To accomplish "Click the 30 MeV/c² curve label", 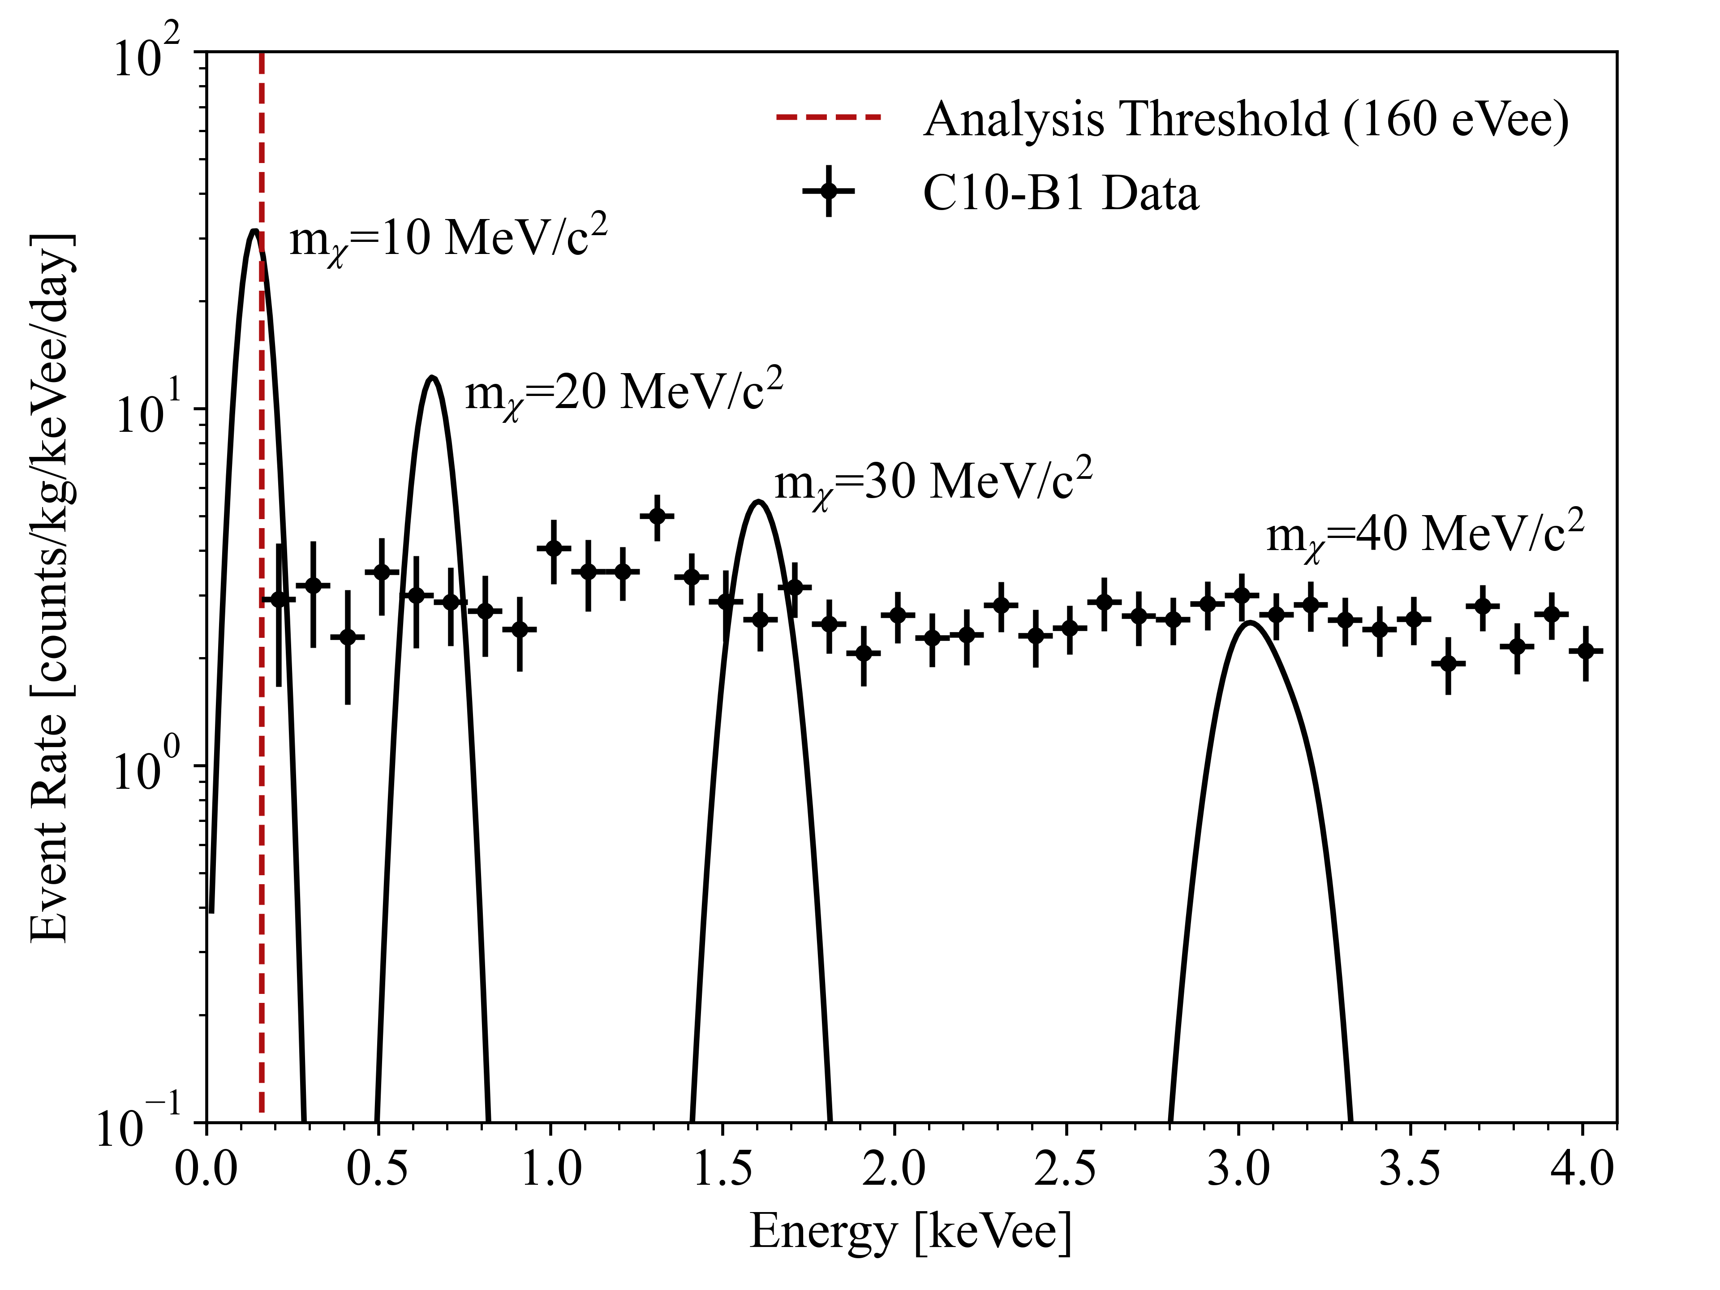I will tap(933, 482).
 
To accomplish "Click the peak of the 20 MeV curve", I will tap(432, 378).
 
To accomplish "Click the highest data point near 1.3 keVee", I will tap(657, 516).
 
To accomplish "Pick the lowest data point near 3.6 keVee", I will tap(1448, 663).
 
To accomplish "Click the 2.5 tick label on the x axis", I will tap(1065, 1169).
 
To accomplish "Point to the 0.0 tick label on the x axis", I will tap(206, 1169).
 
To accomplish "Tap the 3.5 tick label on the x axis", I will tap(1410, 1169).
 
